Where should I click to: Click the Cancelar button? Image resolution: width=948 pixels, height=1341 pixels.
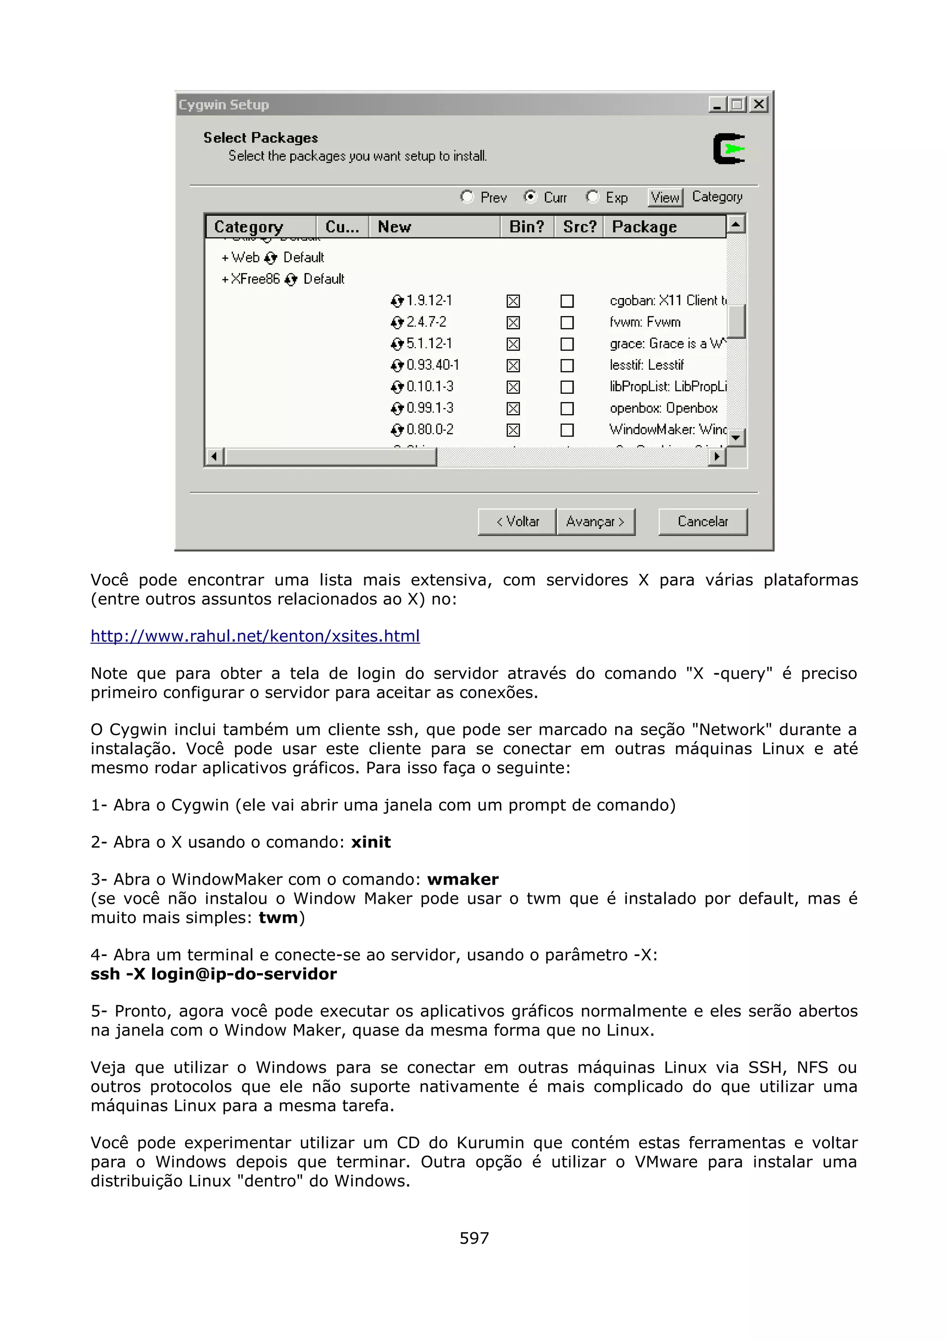point(702,521)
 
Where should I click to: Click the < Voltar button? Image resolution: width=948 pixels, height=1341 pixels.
point(517,521)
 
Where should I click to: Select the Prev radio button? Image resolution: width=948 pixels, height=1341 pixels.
point(467,197)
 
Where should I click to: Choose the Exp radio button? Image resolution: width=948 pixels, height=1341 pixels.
point(592,197)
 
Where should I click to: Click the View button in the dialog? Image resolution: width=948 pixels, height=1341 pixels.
point(665,198)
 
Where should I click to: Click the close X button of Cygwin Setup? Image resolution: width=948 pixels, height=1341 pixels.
point(758,105)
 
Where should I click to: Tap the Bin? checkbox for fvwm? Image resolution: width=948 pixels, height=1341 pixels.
point(513,323)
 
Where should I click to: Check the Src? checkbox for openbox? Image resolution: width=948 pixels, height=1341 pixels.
point(567,408)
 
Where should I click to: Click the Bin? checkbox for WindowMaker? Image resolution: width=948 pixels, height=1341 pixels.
point(513,430)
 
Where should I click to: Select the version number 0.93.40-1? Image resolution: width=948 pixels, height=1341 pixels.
point(432,365)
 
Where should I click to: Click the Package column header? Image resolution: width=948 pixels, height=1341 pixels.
point(644,227)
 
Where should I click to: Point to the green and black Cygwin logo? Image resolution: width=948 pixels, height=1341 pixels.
point(729,149)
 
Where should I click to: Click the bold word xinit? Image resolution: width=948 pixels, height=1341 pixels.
point(371,842)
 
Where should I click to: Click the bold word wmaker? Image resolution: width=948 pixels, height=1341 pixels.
point(462,879)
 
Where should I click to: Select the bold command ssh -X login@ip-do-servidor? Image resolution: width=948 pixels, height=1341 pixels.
point(214,974)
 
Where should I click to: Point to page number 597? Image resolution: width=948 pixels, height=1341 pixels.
point(474,1238)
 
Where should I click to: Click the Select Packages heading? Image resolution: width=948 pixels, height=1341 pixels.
point(261,138)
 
